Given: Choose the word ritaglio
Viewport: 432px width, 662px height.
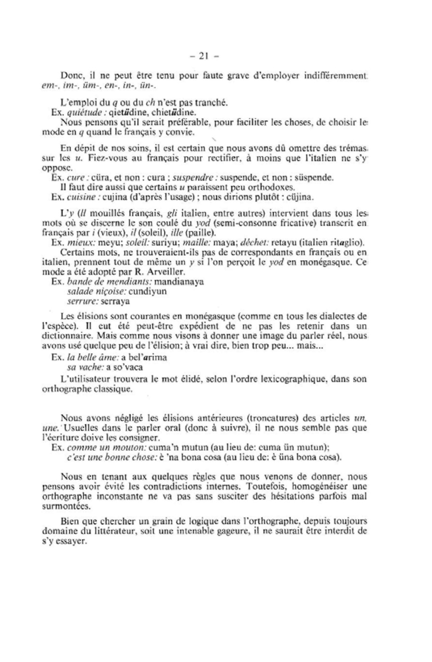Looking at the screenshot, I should click(x=346, y=243).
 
